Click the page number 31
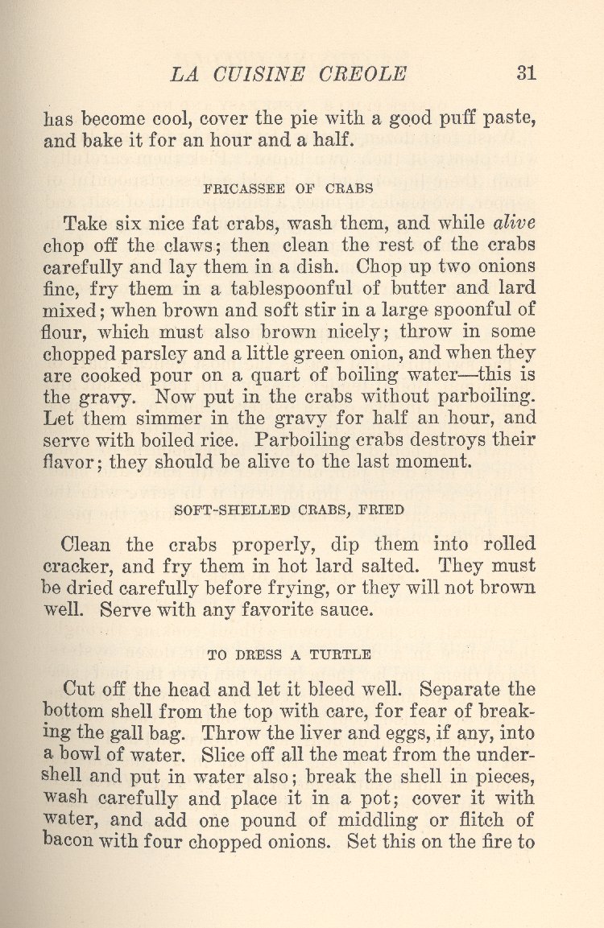526,73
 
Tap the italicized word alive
514,223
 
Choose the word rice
226,441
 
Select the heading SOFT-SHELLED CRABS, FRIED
288,509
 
